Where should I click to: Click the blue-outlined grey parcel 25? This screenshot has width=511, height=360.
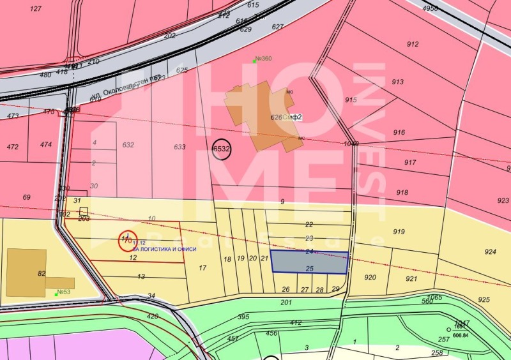pos(310,262)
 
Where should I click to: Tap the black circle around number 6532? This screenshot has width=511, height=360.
pos(221,149)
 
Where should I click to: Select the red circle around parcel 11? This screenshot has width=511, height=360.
pos(128,240)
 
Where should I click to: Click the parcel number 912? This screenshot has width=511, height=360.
pos(413,44)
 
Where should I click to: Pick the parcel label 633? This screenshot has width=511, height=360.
pos(179,147)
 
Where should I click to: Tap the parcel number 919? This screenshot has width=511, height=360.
pos(399,231)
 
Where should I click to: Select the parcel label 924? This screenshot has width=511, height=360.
pos(490,251)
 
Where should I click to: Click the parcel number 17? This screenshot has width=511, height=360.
pos(202,267)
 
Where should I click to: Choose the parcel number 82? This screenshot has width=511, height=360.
pos(42,274)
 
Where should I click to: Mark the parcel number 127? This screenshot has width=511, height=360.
pos(36,9)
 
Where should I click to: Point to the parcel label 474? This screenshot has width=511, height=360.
pos(46,145)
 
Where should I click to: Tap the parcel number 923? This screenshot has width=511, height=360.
pos(503,200)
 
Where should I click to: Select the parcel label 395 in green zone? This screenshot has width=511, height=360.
pos(243,317)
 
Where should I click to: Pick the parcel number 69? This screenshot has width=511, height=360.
pos(26,197)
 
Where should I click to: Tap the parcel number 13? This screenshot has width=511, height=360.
pos(141,276)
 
